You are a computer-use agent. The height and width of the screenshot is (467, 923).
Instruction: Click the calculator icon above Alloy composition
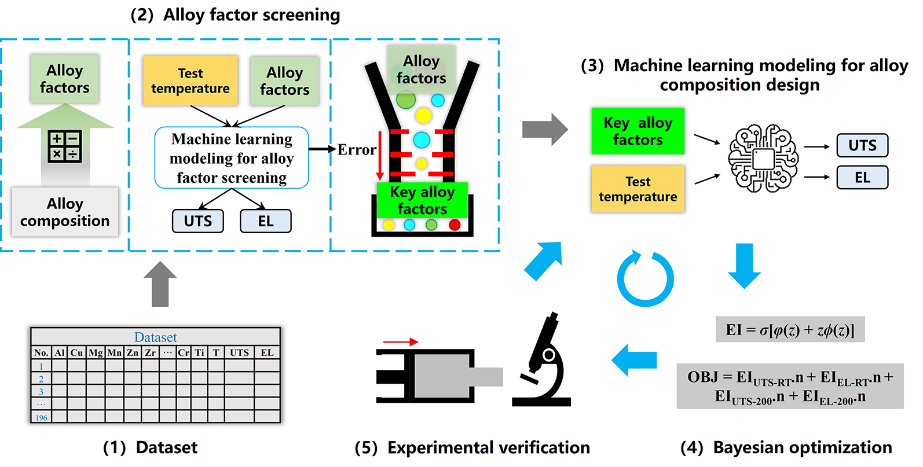coord(64,145)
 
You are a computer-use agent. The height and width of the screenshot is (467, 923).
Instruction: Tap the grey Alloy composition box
coord(65,212)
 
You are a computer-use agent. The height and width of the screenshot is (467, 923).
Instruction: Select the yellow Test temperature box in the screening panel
coord(190,81)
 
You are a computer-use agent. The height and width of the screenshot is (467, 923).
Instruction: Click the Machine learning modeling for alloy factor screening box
coord(232,158)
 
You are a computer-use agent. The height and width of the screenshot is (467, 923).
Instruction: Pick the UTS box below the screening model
coord(197,221)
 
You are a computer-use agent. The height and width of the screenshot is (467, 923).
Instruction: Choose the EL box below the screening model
coord(266,221)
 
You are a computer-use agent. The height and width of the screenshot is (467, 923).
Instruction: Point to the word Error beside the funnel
coord(357,150)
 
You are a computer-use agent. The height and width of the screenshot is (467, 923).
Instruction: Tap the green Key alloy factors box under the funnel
coord(422,200)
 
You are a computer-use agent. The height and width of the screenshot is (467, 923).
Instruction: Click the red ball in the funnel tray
coord(455,225)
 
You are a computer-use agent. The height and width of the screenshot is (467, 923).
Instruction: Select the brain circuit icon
coord(763,158)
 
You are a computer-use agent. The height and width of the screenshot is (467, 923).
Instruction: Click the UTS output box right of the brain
coord(862,145)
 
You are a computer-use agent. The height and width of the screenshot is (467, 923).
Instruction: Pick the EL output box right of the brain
coord(862,178)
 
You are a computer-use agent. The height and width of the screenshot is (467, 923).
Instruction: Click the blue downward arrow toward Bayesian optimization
coord(744,266)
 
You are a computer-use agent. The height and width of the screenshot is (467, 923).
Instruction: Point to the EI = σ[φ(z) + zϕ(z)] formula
coord(790,330)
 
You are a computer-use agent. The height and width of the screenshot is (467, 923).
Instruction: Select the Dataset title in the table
coord(155,337)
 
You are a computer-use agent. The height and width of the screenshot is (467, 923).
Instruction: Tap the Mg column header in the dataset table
coord(96,352)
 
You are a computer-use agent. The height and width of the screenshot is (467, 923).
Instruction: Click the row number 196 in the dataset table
coord(41,418)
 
